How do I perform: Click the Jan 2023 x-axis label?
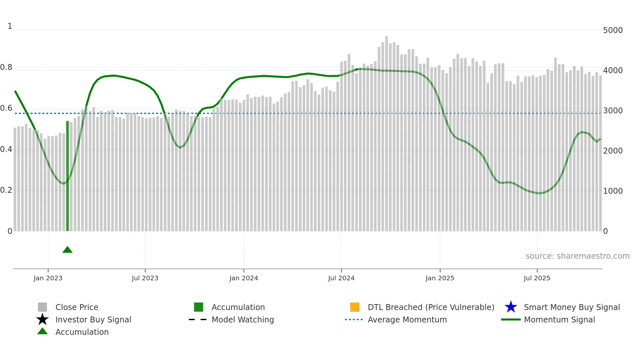(x=48, y=278)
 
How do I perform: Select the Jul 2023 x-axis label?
(x=145, y=278)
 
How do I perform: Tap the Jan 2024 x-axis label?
(x=244, y=278)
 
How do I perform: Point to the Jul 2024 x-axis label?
(x=341, y=278)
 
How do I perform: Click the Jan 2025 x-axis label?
(x=440, y=278)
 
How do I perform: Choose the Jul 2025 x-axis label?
(x=537, y=278)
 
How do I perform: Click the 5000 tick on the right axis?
(x=613, y=30)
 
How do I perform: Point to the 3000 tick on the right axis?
(x=613, y=111)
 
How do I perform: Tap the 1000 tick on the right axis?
(x=613, y=191)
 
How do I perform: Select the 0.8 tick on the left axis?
(x=6, y=67)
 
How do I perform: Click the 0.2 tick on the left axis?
(x=6, y=190)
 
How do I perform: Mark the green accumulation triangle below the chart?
(x=68, y=250)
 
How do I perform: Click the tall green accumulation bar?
(x=68, y=176)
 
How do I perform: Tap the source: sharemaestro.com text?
(x=577, y=256)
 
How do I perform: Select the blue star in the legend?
(x=511, y=307)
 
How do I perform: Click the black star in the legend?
(x=42, y=319)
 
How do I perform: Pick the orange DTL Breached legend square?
(x=355, y=307)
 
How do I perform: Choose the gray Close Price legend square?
(x=42, y=307)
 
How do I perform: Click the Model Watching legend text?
(x=243, y=319)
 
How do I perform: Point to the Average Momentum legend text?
(x=407, y=319)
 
